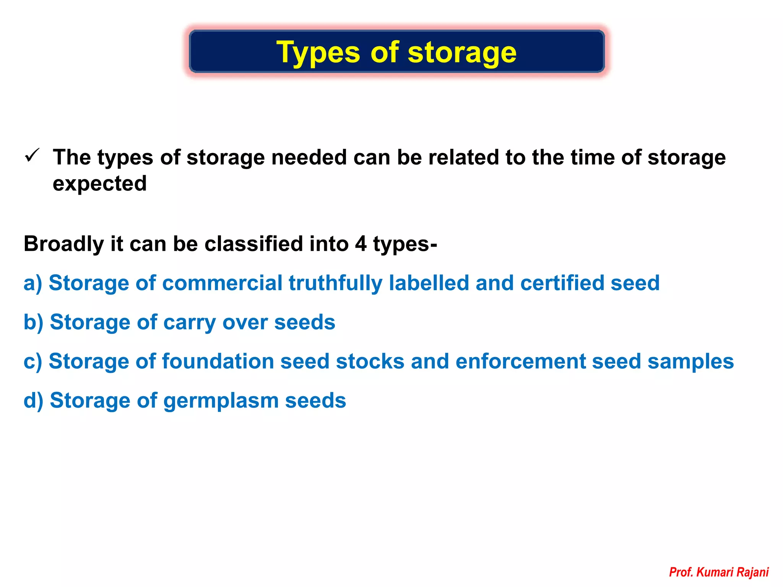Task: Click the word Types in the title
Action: (318, 53)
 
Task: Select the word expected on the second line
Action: (100, 184)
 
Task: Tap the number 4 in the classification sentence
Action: (361, 244)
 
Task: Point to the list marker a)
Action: (32, 283)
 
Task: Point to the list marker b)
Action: (33, 322)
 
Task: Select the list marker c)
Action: (32, 362)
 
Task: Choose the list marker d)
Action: (33, 401)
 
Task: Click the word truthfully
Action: (335, 283)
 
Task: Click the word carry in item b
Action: (190, 322)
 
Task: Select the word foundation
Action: (218, 362)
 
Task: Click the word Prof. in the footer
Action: (681, 572)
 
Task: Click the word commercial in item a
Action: (222, 283)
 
